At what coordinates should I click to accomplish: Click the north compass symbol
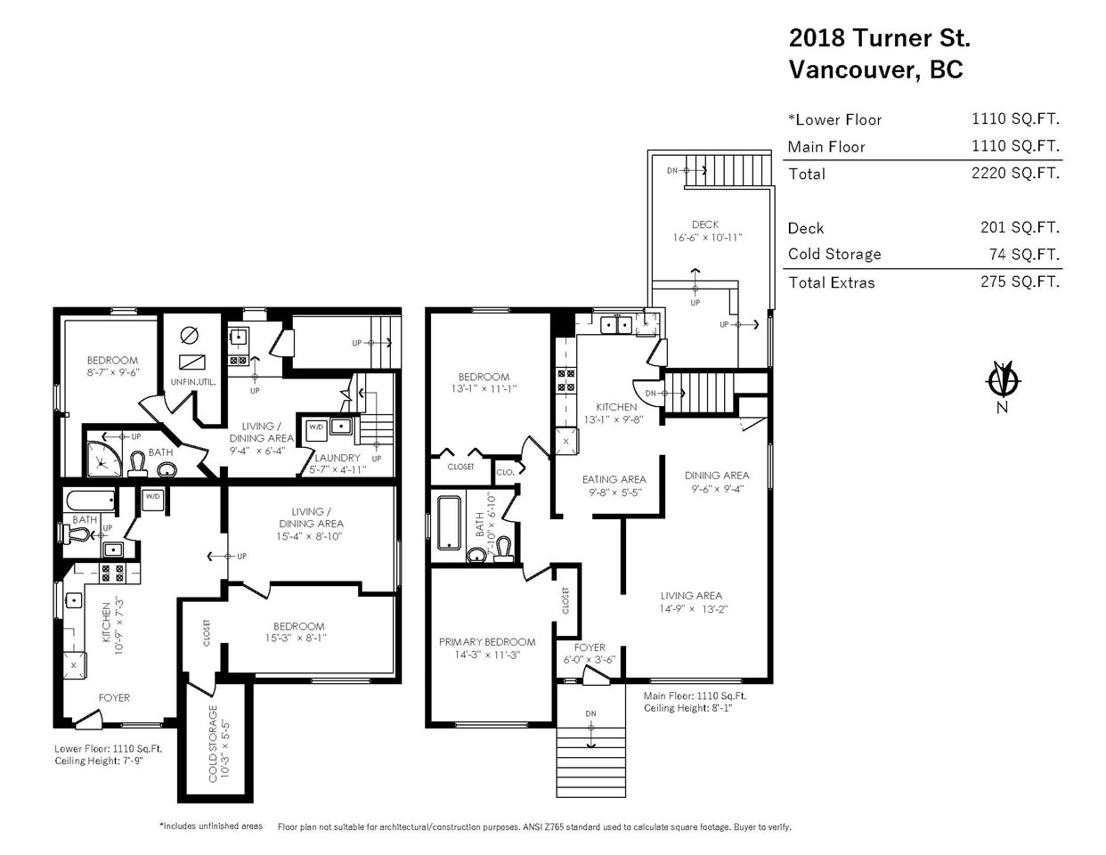[x=1002, y=379]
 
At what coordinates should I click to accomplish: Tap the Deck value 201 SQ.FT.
[x=1020, y=227]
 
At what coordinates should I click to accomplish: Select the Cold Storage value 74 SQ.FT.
[x=1024, y=254]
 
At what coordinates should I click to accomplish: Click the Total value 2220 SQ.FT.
[x=1015, y=173]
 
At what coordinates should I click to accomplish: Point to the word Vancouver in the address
[x=855, y=69]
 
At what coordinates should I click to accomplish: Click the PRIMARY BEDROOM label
[x=487, y=642]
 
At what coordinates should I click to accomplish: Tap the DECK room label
[x=705, y=224]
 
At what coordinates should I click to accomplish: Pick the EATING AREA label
[x=614, y=479]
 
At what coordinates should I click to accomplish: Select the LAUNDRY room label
[x=337, y=458]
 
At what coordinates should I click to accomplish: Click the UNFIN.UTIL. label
[x=193, y=382]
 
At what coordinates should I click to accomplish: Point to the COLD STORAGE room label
[x=213, y=743]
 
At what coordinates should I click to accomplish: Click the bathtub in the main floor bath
[x=449, y=524]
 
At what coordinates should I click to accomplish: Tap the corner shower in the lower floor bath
[x=104, y=460]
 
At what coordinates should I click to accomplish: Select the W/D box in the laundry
[x=317, y=430]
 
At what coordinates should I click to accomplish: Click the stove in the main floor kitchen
[x=565, y=380]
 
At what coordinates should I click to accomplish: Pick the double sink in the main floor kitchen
[x=616, y=324]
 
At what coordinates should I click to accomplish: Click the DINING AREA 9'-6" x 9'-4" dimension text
[x=717, y=489]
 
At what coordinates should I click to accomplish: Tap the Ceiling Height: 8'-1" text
[x=687, y=708]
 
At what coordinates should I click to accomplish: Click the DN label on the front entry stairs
[x=590, y=713]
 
